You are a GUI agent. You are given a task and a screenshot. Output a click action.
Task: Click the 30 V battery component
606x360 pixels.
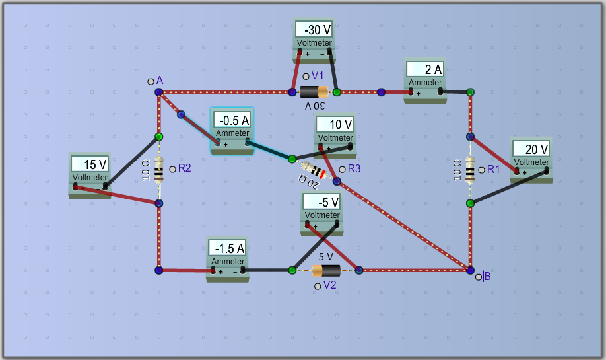coord(314,92)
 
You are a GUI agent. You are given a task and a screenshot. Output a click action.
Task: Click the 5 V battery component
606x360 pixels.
coord(325,270)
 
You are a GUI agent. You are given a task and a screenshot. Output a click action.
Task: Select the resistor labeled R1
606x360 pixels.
coord(469,170)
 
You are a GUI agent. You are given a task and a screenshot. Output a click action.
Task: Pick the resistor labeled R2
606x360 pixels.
coord(158,170)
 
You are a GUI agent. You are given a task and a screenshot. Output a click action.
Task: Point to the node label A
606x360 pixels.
coord(160,80)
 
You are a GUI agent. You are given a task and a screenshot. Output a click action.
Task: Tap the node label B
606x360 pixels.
coord(487,276)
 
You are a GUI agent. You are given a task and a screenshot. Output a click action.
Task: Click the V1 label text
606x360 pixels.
coord(318,76)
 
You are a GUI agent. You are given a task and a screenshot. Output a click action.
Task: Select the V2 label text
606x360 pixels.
coord(330,285)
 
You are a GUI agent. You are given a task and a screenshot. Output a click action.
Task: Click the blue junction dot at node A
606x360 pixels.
coord(159,92)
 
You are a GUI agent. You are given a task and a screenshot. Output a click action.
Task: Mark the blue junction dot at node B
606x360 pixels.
coord(470,270)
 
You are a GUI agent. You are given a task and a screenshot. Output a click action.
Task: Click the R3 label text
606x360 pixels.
coord(354,169)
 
